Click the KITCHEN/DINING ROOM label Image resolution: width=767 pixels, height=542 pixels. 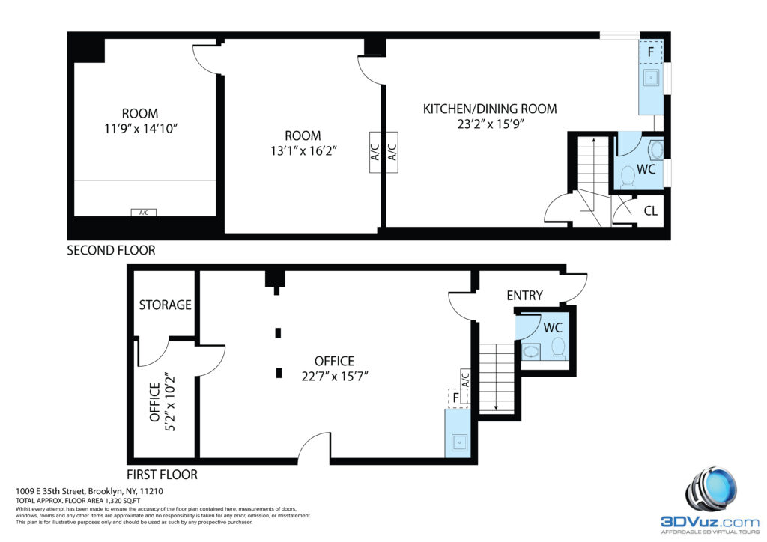pos(490,109)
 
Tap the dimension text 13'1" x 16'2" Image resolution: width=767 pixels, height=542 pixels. pos(304,151)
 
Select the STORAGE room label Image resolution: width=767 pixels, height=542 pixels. pos(165,305)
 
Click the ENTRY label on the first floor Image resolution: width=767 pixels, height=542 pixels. pos(524,296)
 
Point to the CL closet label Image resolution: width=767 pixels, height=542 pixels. pos(651,210)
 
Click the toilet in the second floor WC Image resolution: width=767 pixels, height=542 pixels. pos(628,177)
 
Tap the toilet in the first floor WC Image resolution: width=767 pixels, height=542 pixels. pos(558,348)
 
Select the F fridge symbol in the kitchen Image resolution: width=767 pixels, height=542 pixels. pos(651,52)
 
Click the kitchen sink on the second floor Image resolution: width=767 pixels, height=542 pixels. pos(651,77)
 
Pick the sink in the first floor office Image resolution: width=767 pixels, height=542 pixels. pos(459,442)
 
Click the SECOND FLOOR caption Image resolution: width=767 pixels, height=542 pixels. pos(111,250)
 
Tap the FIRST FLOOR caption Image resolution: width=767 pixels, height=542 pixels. pos(162,475)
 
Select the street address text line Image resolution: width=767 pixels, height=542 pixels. pos(90,491)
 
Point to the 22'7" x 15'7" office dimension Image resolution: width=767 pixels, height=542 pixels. pos(335,377)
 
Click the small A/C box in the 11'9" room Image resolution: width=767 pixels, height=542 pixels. pos(144,213)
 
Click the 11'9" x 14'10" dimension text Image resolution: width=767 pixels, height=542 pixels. pos(140,129)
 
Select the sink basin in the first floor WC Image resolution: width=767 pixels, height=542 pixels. pos(531,351)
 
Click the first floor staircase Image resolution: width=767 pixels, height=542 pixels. pos(497,377)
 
